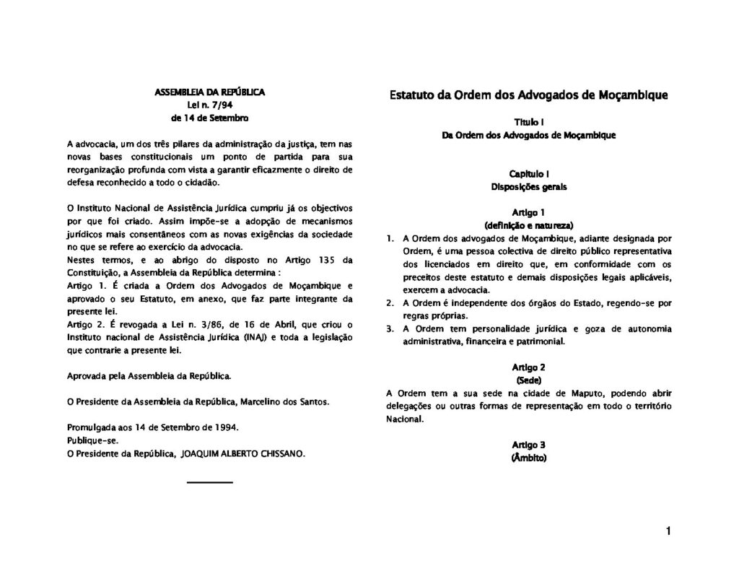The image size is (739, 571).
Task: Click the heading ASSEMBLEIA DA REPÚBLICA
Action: pyautogui.click(x=210, y=92)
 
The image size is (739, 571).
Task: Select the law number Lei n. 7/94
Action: pyautogui.click(x=210, y=105)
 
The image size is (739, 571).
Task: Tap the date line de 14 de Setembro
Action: pyautogui.click(x=210, y=117)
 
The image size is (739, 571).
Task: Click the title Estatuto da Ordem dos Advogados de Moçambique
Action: pyautogui.click(x=528, y=95)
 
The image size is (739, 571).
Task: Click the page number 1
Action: pyautogui.click(x=669, y=532)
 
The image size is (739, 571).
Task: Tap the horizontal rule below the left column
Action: pyautogui.click(x=210, y=481)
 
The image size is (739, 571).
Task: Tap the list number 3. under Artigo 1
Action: pyautogui.click(x=389, y=329)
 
